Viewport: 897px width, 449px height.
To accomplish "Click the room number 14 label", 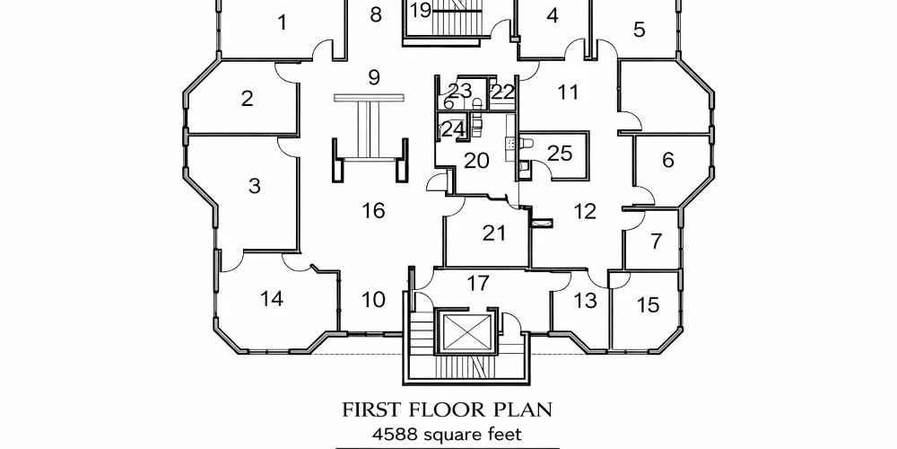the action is [x=272, y=299].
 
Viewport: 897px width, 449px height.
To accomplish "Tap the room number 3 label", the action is [x=255, y=186].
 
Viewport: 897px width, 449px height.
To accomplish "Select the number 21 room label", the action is [x=494, y=233].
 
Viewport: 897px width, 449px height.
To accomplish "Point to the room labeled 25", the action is [x=560, y=154].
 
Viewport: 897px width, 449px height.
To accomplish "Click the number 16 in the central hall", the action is [x=373, y=211].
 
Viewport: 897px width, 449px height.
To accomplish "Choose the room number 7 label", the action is [x=657, y=242].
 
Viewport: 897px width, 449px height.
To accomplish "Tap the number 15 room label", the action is [x=649, y=305].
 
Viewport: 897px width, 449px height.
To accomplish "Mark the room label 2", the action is [x=248, y=99].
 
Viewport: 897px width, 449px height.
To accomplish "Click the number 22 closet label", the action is [x=503, y=92].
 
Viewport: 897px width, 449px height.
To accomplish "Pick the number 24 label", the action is [x=453, y=129].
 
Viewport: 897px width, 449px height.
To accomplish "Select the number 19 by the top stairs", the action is [x=421, y=10].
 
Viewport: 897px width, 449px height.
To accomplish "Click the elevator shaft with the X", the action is [x=468, y=332].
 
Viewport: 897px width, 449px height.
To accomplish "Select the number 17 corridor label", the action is [x=478, y=283].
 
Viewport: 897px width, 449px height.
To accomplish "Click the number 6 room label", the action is [x=668, y=161].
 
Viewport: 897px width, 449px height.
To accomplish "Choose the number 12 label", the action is [x=585, y=212].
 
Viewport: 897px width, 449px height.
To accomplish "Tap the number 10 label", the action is [x=373, y=300].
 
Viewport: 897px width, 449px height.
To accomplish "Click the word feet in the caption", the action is [x=505, y=435].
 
